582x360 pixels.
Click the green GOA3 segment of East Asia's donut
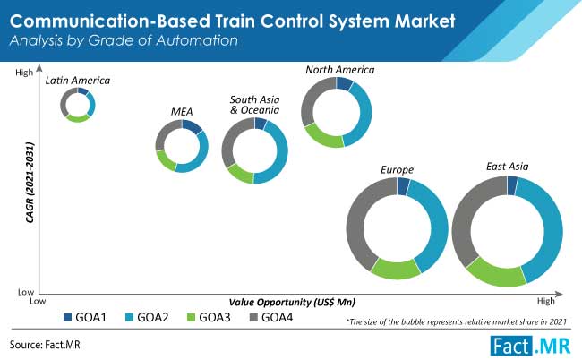tap(495, 275)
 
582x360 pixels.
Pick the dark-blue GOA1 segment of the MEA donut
tap(192, 126)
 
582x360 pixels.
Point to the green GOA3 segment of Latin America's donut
tap(78, 119)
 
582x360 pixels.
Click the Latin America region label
tap(78, 81)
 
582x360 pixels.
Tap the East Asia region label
tap(508, 167)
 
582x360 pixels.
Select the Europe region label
tap(397, 170)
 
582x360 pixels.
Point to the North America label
tap(340, 70)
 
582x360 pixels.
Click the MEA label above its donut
tap(182, 112)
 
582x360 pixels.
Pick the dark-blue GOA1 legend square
tap(67, 317)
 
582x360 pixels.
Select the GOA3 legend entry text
tap(215, 317)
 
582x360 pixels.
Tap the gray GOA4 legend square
tap(253, 317)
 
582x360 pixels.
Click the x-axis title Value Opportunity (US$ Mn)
tap(292, 303)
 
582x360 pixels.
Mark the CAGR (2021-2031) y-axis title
tap(30, 183)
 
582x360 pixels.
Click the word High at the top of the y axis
tap(24, 73)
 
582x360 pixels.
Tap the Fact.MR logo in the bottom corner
tap(530, 346)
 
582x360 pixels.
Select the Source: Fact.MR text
tap(45, 345)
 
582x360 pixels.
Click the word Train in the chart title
tap(235, 21)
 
